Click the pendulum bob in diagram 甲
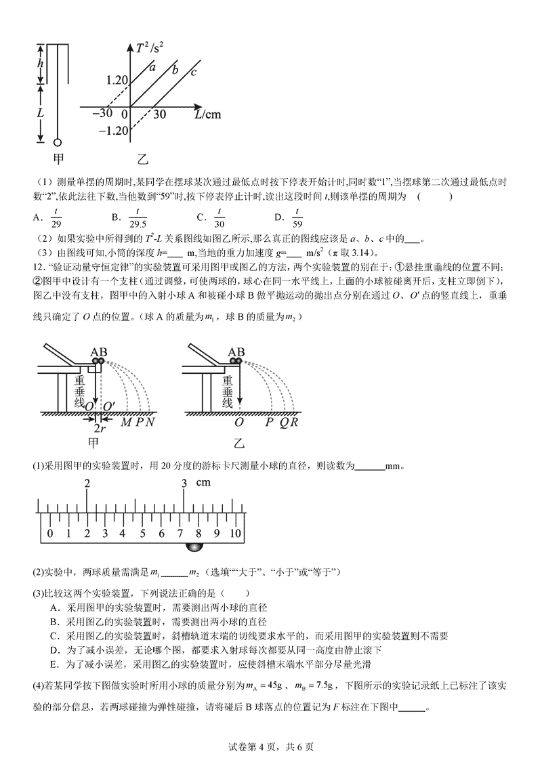57,142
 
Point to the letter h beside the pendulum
40,63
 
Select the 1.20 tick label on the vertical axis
117,80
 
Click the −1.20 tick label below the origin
114,130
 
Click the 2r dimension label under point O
99,429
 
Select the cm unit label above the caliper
203,483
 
